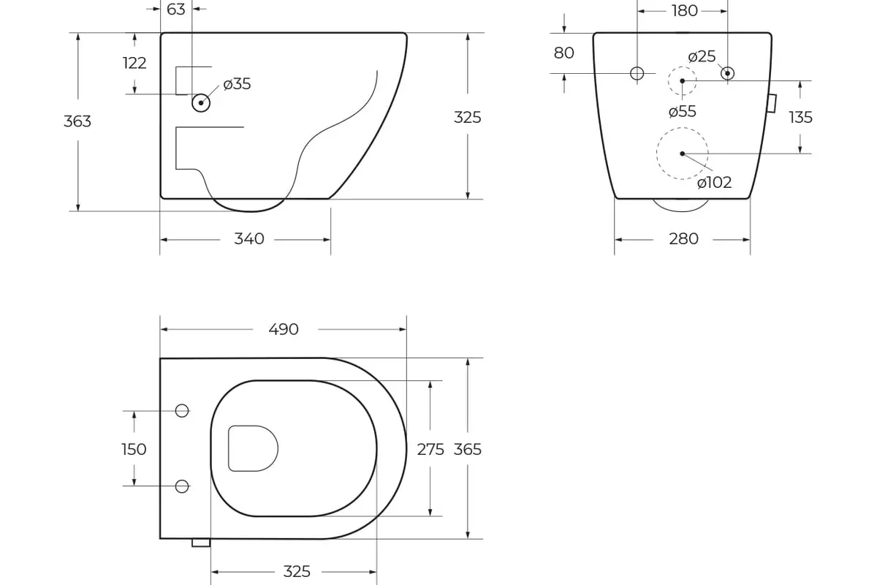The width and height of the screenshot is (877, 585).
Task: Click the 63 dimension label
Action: [x=176, y=10]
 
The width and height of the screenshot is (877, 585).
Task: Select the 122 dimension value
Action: [x=134, y=63]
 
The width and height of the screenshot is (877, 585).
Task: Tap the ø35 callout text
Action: [x=237, y=84]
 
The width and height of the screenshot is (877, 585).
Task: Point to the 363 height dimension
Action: [x=77, y=121]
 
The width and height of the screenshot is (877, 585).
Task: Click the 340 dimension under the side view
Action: [x=249, y=239]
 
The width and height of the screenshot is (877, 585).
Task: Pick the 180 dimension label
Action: [x=684, y=10]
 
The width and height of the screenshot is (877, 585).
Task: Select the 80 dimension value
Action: [x=564, y=53]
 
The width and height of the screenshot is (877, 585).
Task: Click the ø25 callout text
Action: [x=702, y=57]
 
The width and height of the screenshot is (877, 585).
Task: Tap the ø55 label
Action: [x=683, y=112]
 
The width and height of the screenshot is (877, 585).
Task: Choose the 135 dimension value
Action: [x=800, y=118]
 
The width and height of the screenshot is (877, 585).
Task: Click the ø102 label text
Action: [x=714, y=183]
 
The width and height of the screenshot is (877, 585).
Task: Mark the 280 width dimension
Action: [x=683, y=239]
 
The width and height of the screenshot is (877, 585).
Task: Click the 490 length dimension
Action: [x=284, y=330]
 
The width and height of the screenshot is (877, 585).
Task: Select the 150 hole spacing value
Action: [x=134, y=449]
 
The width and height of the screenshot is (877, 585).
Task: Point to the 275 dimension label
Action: [x=430, y=450]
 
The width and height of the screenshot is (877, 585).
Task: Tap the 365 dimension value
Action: [x=468, y=450]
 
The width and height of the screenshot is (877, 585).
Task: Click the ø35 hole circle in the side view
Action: [x=201, y=103]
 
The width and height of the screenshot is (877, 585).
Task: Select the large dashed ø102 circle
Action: [x=682, y=154]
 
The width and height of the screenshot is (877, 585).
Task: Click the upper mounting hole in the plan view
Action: [x=183, y=411]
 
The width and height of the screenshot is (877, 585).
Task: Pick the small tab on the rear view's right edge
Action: [x=771, y=103]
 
